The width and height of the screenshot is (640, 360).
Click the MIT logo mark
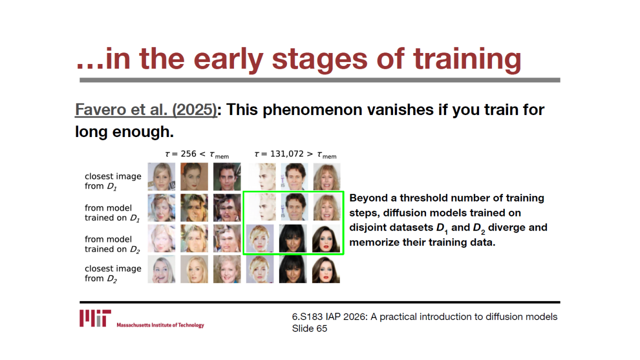[95, 318]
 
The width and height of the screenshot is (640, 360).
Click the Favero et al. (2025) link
[146, 109]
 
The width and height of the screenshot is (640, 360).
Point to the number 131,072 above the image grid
[287, 154]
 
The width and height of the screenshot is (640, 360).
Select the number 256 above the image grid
[188, 154]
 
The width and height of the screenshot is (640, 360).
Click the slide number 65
[321, 328]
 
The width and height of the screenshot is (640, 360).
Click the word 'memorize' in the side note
[373, 242]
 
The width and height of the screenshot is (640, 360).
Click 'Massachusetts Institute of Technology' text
[160, 325]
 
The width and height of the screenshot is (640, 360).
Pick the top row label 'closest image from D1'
[113, 181]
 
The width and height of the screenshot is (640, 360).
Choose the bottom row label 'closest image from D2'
[113, 273]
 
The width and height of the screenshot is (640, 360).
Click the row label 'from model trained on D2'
[112, 244]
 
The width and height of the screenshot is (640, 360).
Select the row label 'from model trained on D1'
[112, 213]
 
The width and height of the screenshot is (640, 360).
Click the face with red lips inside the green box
[326, 238]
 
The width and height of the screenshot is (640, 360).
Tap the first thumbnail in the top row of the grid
[161, 176]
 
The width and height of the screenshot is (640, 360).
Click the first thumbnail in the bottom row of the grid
[161, 269]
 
